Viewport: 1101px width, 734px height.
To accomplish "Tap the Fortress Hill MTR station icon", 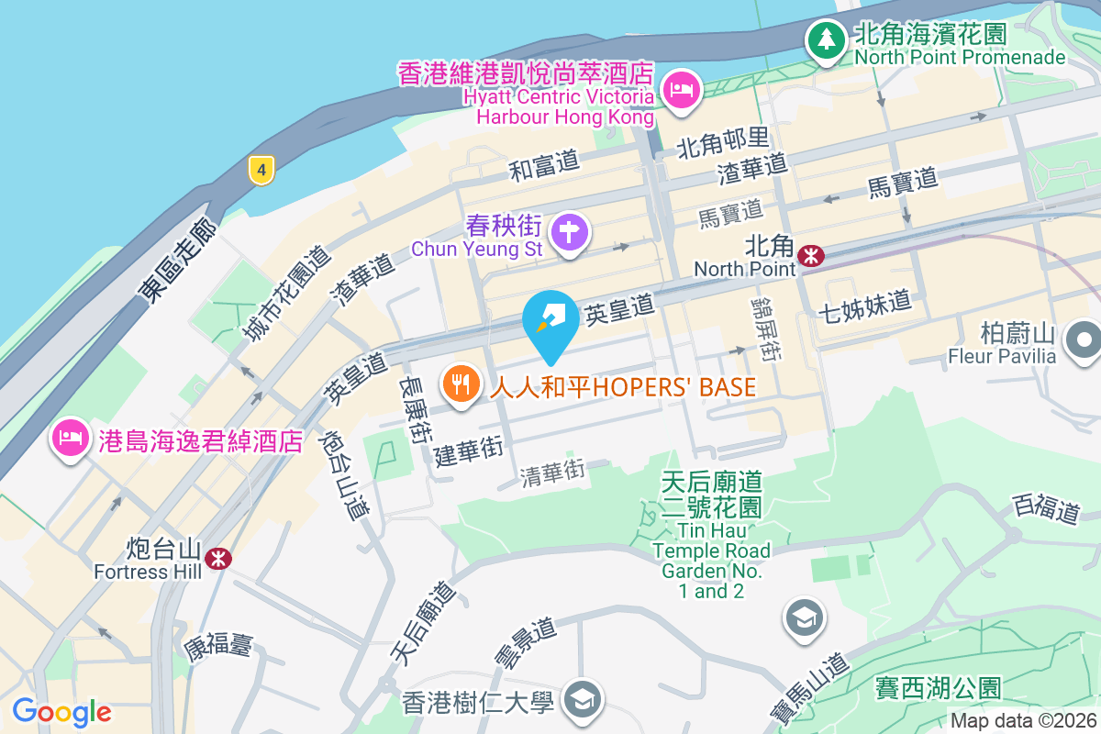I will [x=218, y=557].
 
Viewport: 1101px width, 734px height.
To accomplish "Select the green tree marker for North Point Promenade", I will [x=827, y=39].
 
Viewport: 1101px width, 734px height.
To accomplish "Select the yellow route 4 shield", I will [x=261, y=169].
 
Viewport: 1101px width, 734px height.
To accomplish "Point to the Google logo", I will [x=61, y=712].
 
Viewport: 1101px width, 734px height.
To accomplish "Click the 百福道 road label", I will [x=1046, y=507].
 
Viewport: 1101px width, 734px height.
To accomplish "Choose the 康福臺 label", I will [x=217, y=646].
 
